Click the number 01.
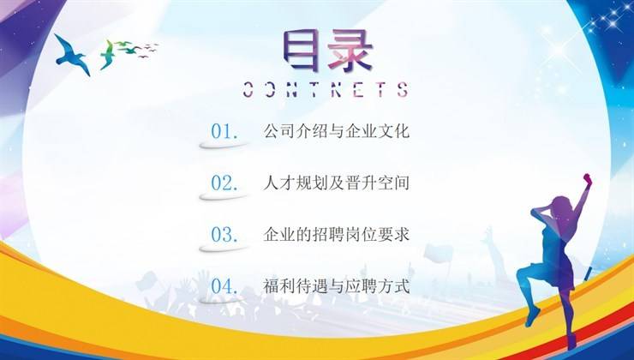click(x=224, y=131)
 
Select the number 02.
click(x=224, y=183)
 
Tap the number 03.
click(x=224, y=235)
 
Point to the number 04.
click(x=224, y=286)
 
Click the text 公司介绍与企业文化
click(x=337, y=131)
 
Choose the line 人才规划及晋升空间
click(x=337, y=183)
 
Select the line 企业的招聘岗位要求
click(x=337, y=234)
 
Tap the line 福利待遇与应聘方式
click(x=337, y=286)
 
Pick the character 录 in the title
click(x=350, y=51)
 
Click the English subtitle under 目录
click(x=326, y=89)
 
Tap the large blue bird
click(x=72, y=55)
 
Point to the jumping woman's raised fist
click(x=588, y=178)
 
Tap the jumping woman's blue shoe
click(x=533, y=316)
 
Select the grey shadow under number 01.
click(x=224, y=145)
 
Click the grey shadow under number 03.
click(x=224, y=248)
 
